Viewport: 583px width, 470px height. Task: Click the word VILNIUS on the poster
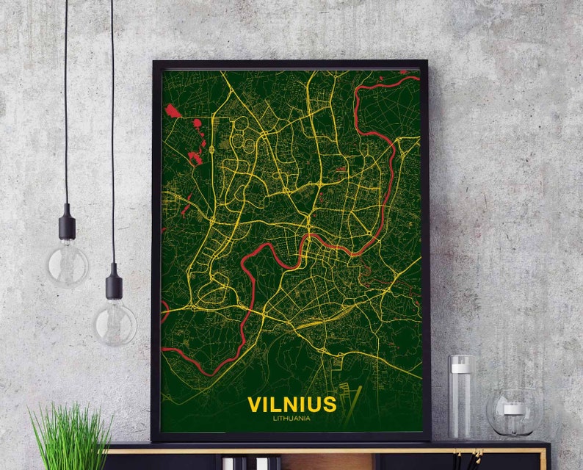click(x=291, y=405)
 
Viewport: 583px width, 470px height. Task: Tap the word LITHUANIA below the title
click(x=291, y=419)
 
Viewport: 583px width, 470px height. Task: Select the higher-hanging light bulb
click(x=68, y=262)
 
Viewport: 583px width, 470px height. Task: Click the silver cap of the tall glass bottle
click(x=461, y=361)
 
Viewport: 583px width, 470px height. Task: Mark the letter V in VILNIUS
click(x=256, y=405)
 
